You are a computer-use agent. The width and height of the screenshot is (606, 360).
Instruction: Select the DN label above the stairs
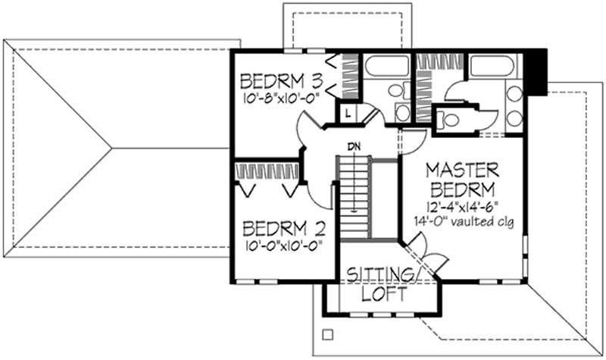(x=354, y=146)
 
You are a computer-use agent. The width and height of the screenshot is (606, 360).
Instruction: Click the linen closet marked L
(x=345, y=113)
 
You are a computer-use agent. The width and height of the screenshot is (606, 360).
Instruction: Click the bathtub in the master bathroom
(x=492, y=69)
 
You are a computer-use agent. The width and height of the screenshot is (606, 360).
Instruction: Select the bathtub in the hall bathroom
(x=386, y=69)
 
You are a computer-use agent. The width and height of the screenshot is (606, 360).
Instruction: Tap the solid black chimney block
(x=538, y=71)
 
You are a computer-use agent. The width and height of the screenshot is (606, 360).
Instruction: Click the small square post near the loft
(x=327, y=333)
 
